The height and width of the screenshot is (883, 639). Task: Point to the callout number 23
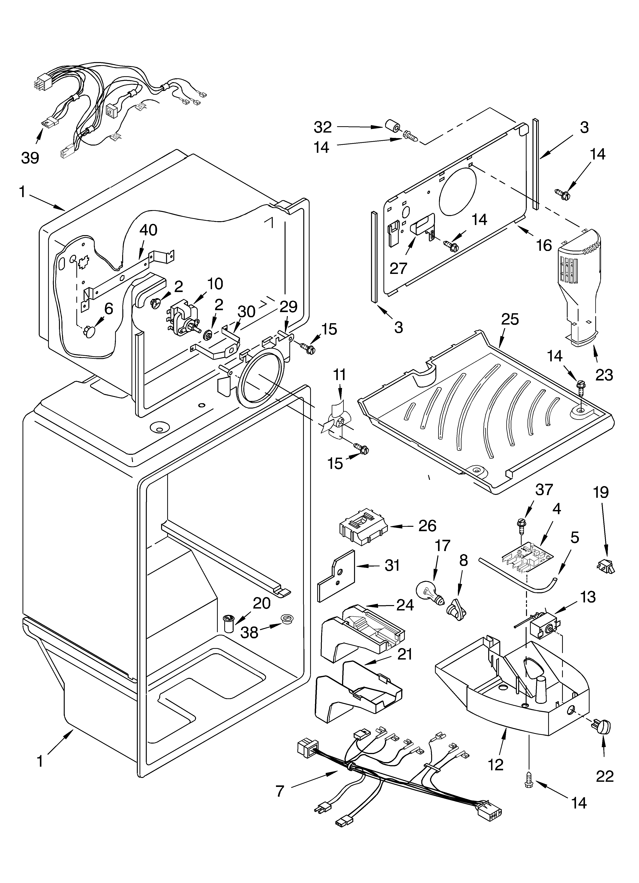[x=603, y=375]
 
